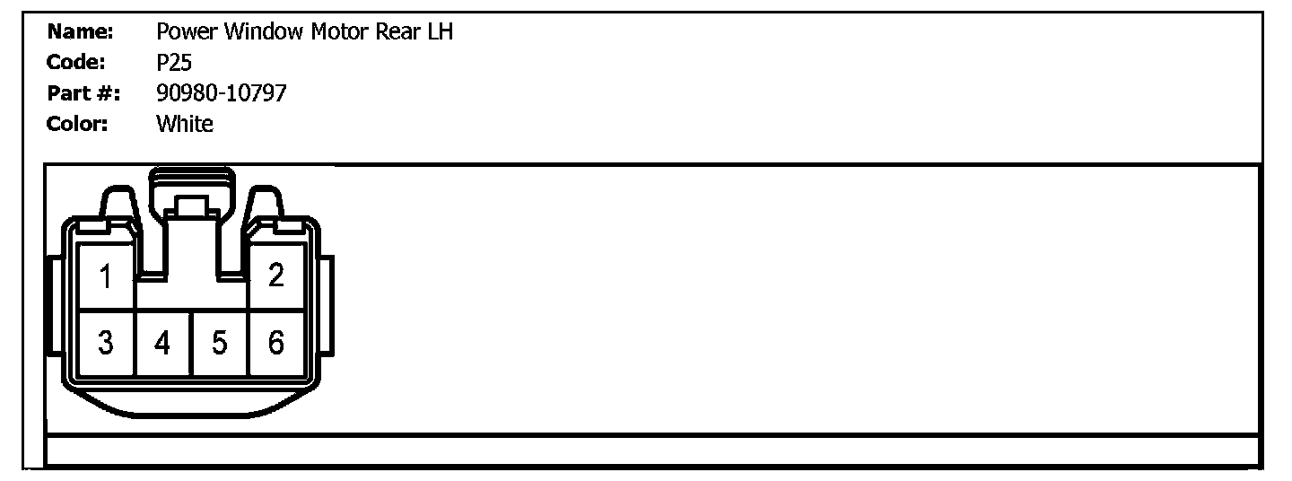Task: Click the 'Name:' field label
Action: click(80, 33)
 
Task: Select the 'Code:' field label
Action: click(76, 63)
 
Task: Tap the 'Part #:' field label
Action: click(83, 92)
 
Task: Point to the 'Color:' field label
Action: click(77, 123)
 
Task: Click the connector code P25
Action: click(174, 63)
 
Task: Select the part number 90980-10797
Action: click(222, 92)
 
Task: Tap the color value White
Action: click(185, 123)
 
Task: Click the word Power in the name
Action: click(188, 33)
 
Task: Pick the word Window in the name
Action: click(264, 33)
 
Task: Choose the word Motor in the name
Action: click(339, 33)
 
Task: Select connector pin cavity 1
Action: click(106, 277)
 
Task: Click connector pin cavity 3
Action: click(106, 343)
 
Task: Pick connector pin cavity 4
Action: click(162, 343)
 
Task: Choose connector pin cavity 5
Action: click(219, 343)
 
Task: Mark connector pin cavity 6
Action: click(275, 343)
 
